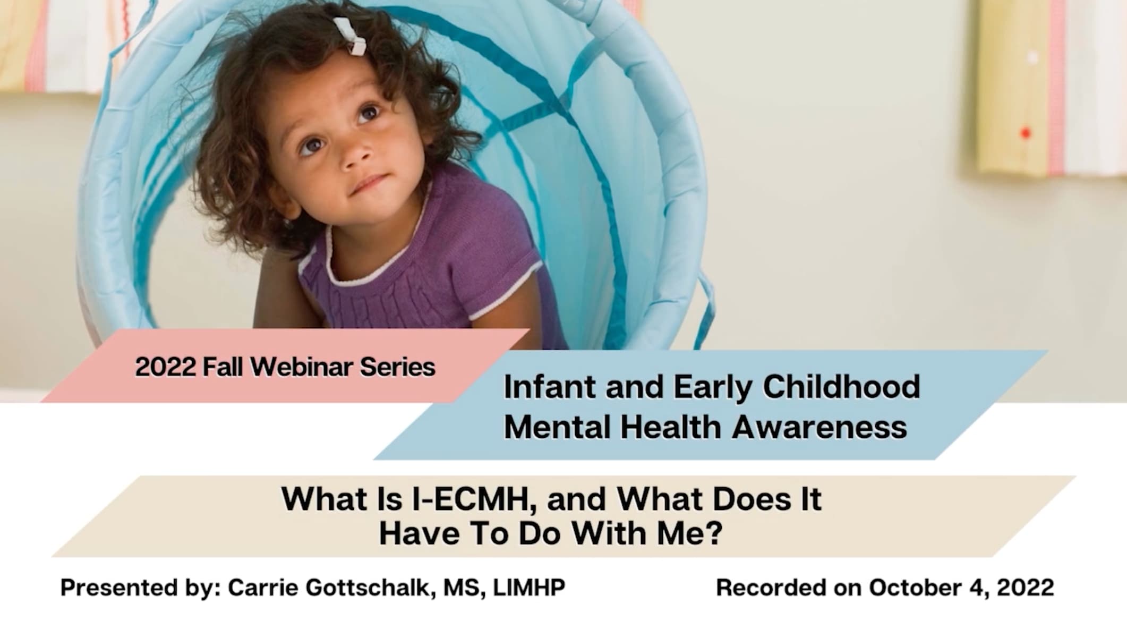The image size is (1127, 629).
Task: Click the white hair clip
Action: (x=349, y=36)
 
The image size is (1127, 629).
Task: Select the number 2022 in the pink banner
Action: (x=166, y=367)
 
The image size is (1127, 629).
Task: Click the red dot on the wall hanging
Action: (x=1026, y=133)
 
